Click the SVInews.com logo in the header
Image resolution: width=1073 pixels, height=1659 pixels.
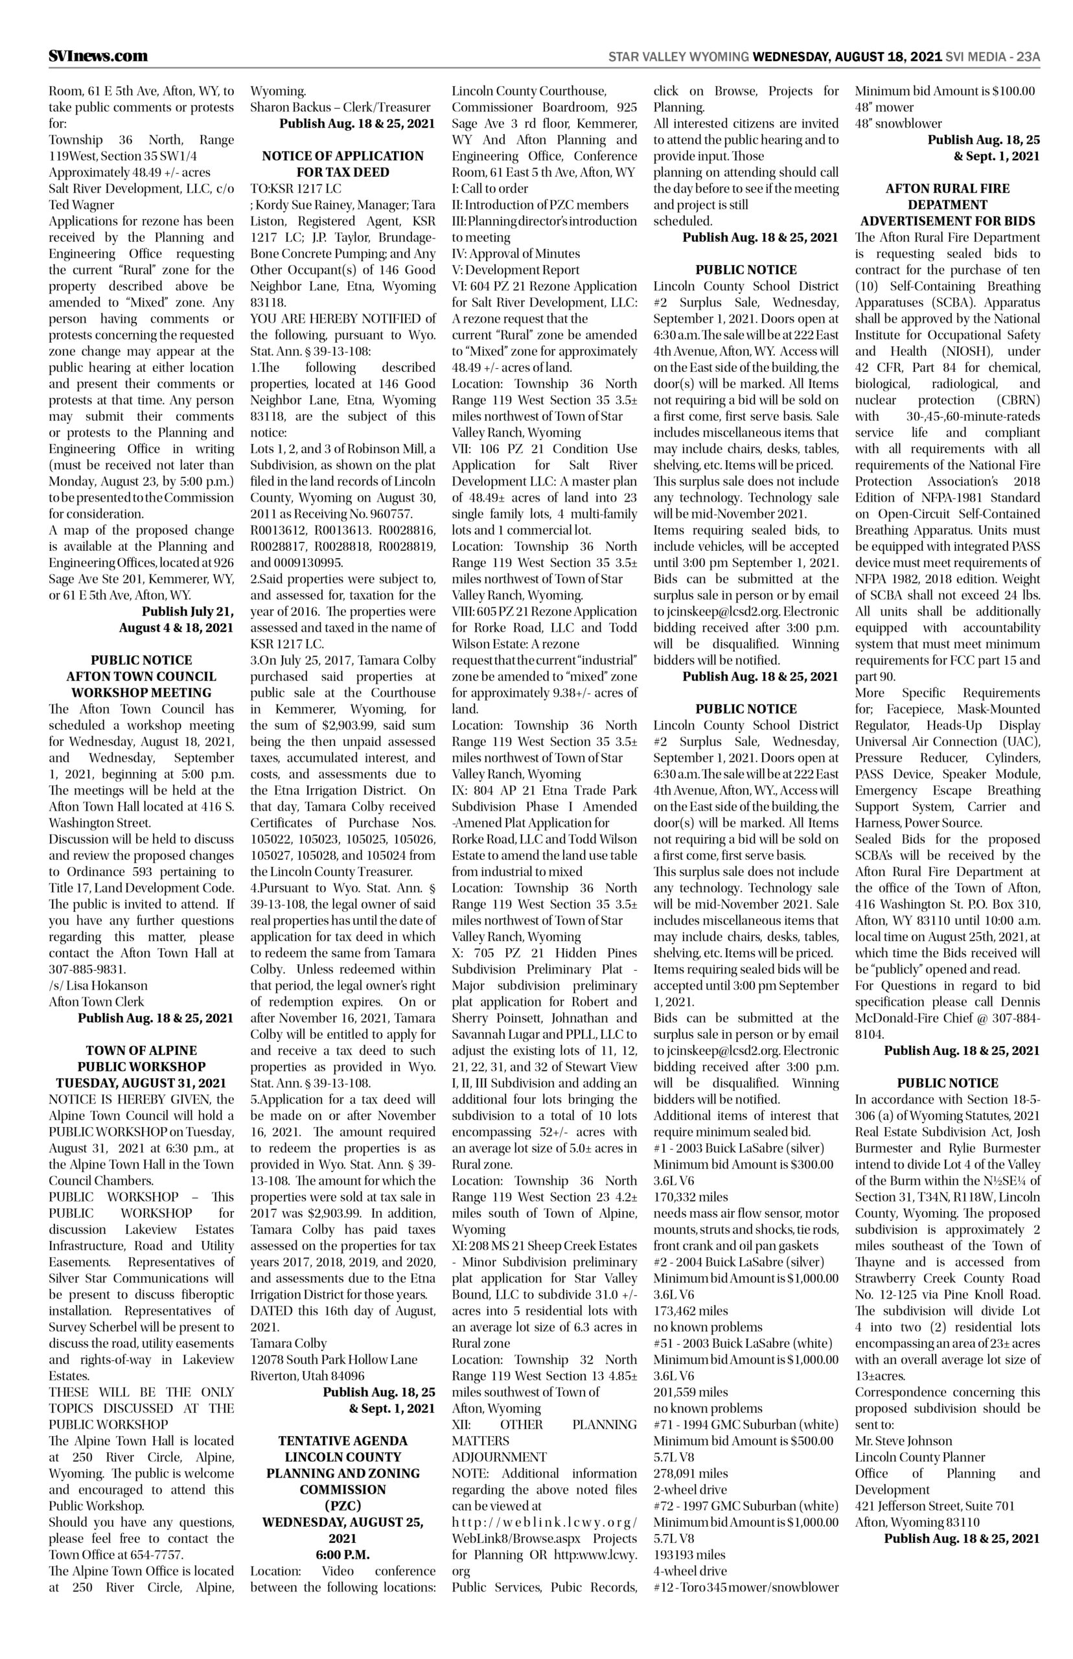[x=98, y=56]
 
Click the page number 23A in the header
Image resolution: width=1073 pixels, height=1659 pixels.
[x=1027, y=56]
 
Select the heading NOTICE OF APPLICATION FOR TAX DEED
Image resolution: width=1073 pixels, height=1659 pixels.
[x=342, y=164]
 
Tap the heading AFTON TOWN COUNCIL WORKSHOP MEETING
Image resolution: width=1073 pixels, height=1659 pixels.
[x=141, y=684]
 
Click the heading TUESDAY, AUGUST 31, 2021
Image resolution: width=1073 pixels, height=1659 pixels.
[x=141, y=1083]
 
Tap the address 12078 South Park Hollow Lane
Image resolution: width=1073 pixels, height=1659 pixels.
[x=334, y=1360]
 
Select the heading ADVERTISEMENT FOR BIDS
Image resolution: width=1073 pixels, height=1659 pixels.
[x=947, y=221]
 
